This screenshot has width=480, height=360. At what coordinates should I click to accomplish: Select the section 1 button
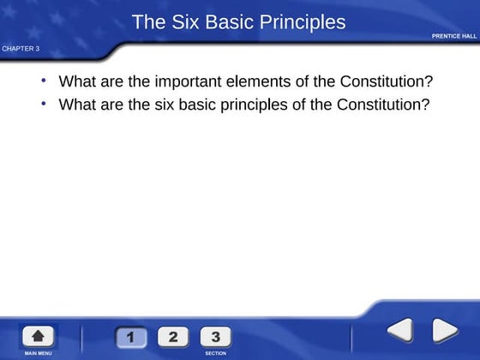[130, 336]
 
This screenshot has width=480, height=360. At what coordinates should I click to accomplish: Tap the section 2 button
[173, 336]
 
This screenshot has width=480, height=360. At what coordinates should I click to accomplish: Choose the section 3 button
[215, 336]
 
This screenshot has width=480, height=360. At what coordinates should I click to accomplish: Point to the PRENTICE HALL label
[454, 36]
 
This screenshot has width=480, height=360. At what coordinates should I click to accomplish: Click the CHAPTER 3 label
[21, 48]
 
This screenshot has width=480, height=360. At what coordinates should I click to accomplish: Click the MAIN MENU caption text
[38, 353]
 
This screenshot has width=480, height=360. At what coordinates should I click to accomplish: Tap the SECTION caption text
[215, 353]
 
